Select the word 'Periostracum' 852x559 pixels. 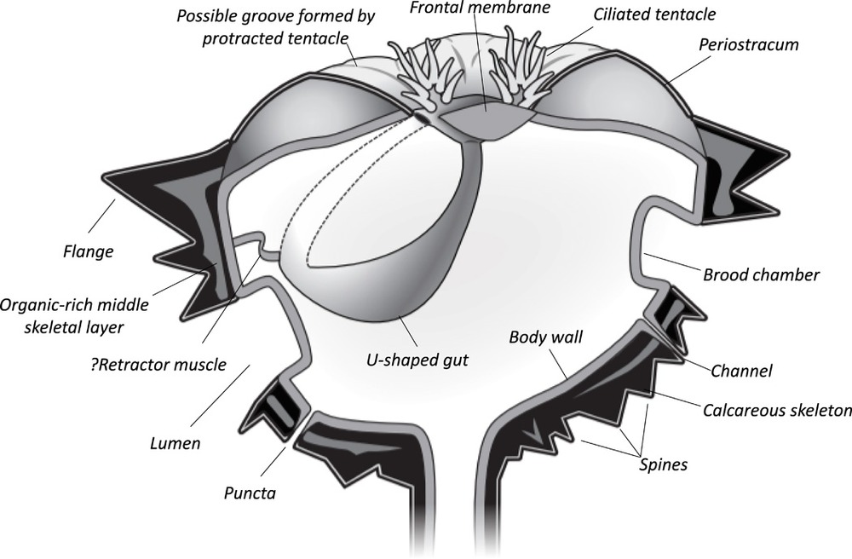[x=747, y=44]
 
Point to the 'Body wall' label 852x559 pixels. [x=545, y=337]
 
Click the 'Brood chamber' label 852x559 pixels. [x=761, y=275]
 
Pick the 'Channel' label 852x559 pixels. [x=740, y=371]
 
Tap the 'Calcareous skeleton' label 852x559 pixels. [x=777, y=411]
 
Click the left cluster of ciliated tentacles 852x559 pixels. [x=421, y=77]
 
